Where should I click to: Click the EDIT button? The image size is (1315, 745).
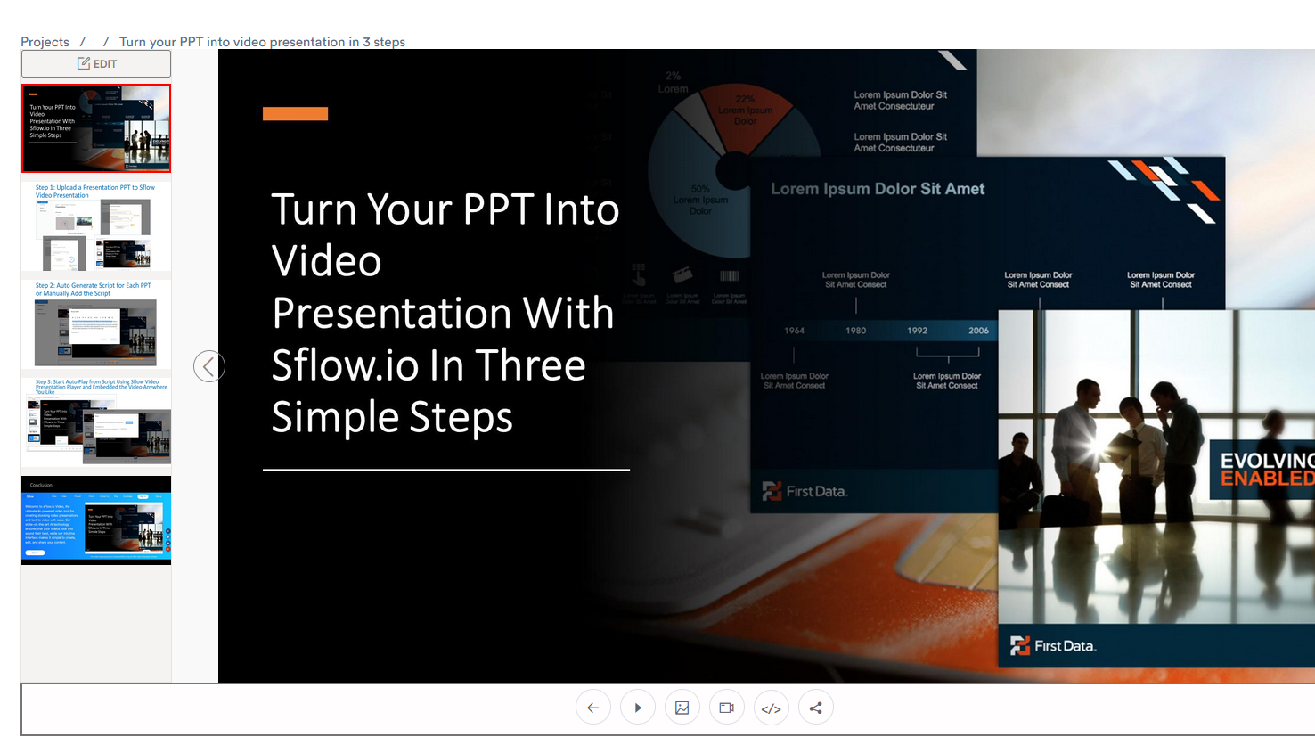96,64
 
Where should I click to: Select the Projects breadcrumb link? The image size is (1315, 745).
45,42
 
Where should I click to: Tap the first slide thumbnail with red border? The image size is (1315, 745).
96,128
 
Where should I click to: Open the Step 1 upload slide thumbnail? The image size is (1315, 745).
96,226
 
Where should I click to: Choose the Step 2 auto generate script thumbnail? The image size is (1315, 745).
96,324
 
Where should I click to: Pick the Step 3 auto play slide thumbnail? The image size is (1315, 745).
96,422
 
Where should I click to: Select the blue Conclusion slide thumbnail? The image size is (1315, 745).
96,520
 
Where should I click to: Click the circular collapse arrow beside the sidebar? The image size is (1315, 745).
208,366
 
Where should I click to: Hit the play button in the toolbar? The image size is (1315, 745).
638,708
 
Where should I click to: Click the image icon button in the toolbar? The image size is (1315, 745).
682,708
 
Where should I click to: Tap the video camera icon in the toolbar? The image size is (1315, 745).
727,708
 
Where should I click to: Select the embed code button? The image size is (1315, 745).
772,708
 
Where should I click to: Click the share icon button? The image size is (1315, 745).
816,708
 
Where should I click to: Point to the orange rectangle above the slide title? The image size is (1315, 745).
295,113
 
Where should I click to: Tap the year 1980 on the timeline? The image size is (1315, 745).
855,331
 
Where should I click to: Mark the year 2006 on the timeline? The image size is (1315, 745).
978,331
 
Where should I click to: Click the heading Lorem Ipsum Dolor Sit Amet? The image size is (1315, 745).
878,189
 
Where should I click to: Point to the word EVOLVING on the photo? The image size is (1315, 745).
1266,461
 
